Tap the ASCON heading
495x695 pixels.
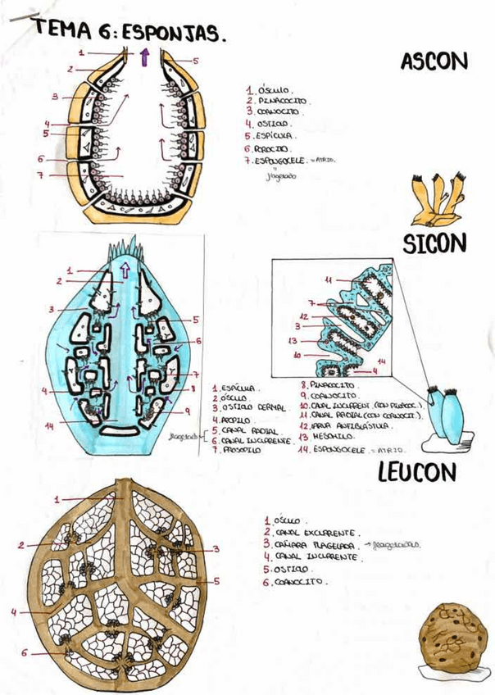coord(434,61)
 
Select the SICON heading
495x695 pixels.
coord(434,243)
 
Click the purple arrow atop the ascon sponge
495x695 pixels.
coord(144,57)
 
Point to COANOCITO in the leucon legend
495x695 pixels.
coord(300,582)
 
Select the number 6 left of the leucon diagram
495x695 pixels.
coord(24,652)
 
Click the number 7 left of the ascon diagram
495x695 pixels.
coord(39,174)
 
